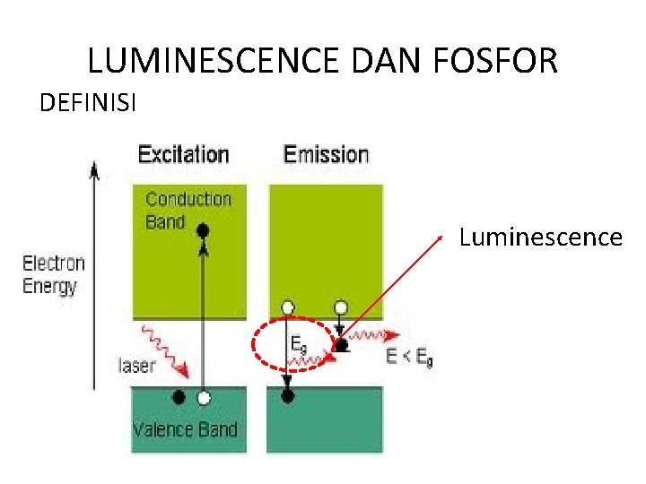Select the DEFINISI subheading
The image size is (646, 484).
point(88,104)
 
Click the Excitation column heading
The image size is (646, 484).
point(183,154)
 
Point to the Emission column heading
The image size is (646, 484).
point(326,154)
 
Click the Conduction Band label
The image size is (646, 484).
point(188,210)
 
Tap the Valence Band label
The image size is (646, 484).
point(185,428)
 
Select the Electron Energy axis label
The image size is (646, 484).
point(54,274)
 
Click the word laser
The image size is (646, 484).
point(136,365)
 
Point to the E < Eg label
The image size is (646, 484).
point(409,357)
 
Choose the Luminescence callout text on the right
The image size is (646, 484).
point(540,238)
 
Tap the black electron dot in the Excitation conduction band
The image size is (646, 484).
point(203,231)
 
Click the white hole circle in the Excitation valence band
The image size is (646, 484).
point(205,397)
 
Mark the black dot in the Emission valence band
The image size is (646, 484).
point(287,395)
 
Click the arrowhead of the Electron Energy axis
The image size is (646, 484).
point(92,167)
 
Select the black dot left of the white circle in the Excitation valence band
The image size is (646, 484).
point(179,397)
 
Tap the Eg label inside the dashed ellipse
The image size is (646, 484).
point(299,343)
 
